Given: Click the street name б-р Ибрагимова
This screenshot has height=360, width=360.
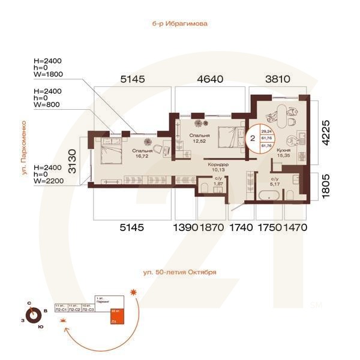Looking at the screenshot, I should pyautogui.click(x=180, y=25).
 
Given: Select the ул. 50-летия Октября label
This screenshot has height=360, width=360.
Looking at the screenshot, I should pyautogui.click(x=179, y=272).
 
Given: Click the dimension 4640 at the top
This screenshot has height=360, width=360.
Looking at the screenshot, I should pyautogui.click(x=211, y=79).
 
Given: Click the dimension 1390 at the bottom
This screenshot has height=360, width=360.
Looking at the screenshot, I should pyautogui.click(x=184, y=228).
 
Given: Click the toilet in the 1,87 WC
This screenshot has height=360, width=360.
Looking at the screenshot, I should pyautogui.click(x=205, y=190).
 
